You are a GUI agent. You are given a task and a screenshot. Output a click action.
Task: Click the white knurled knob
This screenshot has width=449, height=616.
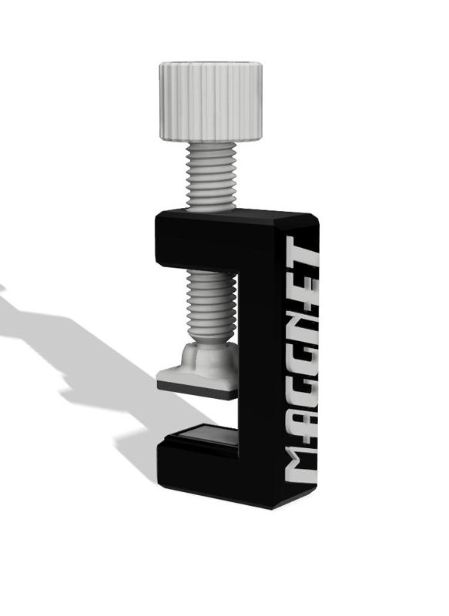(x=211, y=101)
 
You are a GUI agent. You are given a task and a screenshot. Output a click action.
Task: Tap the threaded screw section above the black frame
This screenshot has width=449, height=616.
(x=211, y=177)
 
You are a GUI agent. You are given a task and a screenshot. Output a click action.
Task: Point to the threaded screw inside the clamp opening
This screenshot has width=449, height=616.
(x=211, y=306)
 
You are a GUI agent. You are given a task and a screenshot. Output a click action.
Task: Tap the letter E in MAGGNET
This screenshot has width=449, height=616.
(x=303, y=282)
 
